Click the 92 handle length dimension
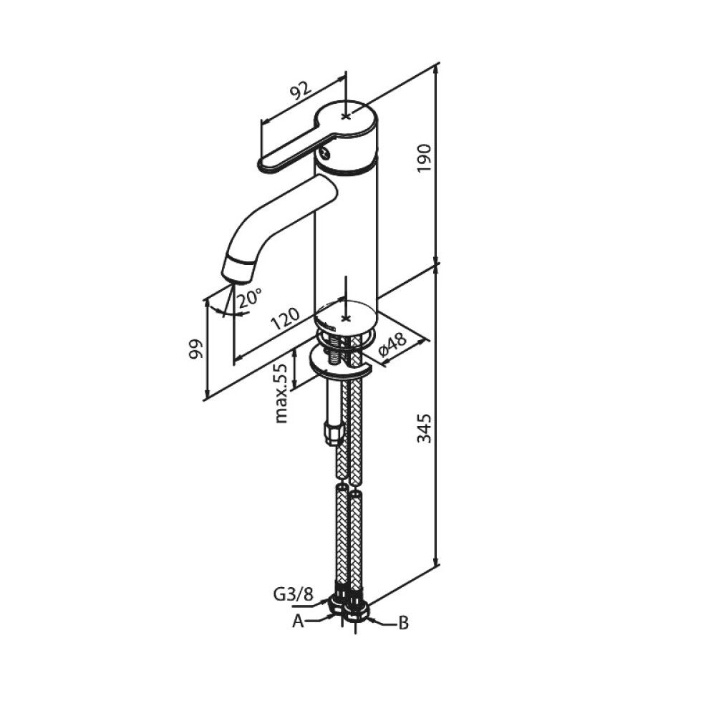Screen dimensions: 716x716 [x=301, y=91]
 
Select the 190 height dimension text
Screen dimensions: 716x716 [x=424, y=158]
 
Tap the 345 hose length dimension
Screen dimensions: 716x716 [x=424, y=428]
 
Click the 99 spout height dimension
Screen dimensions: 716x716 [x=196, y=349]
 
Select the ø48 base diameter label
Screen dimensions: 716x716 [x=392, y=345]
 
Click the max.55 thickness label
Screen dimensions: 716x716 [x=281, y=394]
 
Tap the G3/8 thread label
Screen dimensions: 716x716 [x=293, y=594]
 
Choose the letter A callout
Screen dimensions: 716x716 [x=298, y=621]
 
